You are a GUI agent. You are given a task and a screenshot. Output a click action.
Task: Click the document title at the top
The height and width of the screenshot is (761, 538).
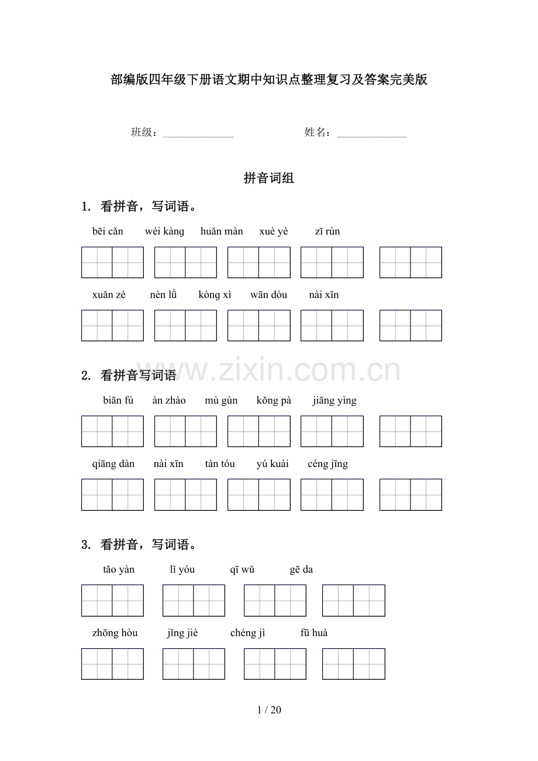(x=269, y=80)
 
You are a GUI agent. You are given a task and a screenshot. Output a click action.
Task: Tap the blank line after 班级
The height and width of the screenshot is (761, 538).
(x=198, y=134)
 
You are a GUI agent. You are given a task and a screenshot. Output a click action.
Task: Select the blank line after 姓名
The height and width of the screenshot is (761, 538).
(x=372, y=134)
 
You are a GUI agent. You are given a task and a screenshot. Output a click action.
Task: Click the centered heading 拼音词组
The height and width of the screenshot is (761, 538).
(x=269, y=179)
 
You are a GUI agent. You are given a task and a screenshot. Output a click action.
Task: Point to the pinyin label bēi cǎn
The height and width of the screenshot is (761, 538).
(x=108, y=231)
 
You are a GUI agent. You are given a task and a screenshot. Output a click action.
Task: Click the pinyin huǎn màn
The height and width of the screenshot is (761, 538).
(x=222, y=231)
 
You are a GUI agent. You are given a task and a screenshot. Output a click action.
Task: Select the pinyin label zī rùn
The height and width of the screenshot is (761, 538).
(x=327, y=231)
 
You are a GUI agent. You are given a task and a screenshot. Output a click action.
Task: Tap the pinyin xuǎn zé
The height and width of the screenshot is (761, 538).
(x=109, y=295)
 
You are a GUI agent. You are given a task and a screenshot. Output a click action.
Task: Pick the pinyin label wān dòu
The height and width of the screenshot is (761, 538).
(x=269, y=295)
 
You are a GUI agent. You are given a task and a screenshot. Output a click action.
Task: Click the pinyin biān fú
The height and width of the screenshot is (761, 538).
(x=118, y=400)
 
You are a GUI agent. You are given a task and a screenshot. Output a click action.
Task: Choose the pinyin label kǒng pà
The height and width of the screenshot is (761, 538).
(x=274, y=400)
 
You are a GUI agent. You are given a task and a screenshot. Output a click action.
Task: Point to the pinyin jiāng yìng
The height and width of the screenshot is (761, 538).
(x=334, y=400)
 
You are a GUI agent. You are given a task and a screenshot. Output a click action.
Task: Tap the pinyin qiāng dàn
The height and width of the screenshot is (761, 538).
(x=113, y=464)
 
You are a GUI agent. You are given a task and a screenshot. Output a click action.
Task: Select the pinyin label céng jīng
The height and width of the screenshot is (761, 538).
(x=328, y=464)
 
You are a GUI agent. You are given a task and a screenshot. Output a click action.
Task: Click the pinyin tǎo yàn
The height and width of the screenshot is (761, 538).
(x=119, y=570)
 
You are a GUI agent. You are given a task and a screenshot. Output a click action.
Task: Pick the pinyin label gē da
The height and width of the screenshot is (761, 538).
(x=301, y=570)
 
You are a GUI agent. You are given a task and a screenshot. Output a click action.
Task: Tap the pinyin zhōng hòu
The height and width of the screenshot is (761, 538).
(x=115, y=633)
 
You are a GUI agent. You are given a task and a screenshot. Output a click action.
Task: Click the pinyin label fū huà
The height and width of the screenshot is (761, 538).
(x=314, y=633)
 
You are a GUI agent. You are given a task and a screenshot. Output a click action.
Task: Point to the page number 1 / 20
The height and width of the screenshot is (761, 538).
(x=269, y=710)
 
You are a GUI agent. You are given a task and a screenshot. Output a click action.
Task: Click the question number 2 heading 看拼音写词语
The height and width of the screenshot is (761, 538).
(x=138, y=376)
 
